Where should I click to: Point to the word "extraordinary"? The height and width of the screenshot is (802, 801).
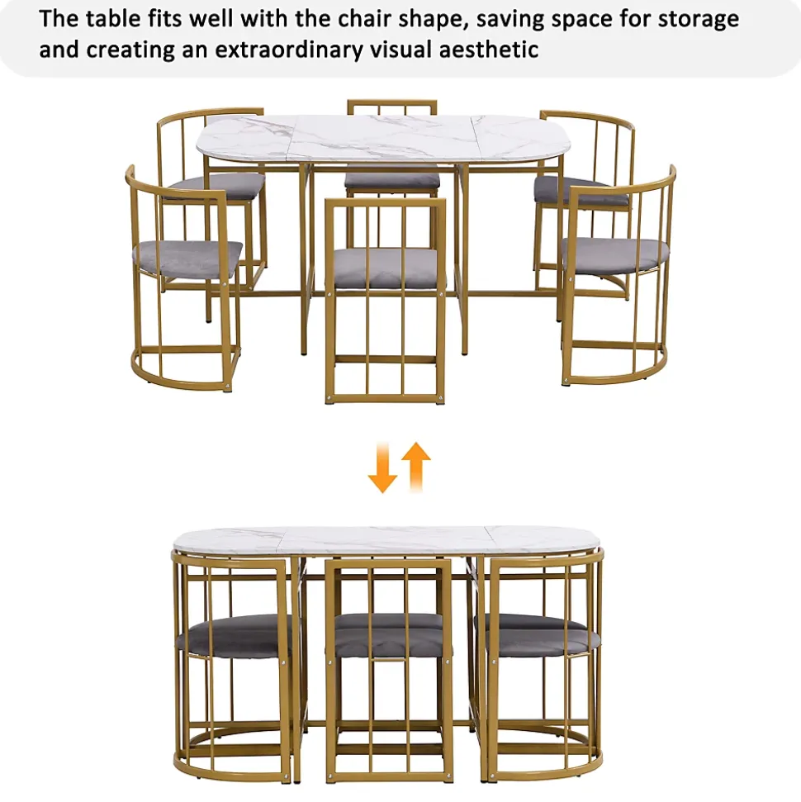pyautogui.click(x=289, y=50)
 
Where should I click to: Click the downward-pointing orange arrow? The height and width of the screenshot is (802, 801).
pyautogui.click(x=382, y=468)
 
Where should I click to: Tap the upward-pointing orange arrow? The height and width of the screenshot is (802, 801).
pyautogui.click(x=416, y=467)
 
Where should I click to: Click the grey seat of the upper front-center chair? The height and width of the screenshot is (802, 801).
pyautogui.click(x=386, y=268)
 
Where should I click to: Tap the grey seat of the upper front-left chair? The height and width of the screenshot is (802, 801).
pyautogui.click(x=187, y=259)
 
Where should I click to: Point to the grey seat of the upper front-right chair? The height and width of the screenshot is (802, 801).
pyautogui.click(x=614, y=254)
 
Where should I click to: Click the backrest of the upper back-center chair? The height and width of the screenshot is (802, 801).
pyautogui.click(x=391, y=108)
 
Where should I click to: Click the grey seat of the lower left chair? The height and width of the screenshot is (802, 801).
pyautogui.click(x=234, y=635)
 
